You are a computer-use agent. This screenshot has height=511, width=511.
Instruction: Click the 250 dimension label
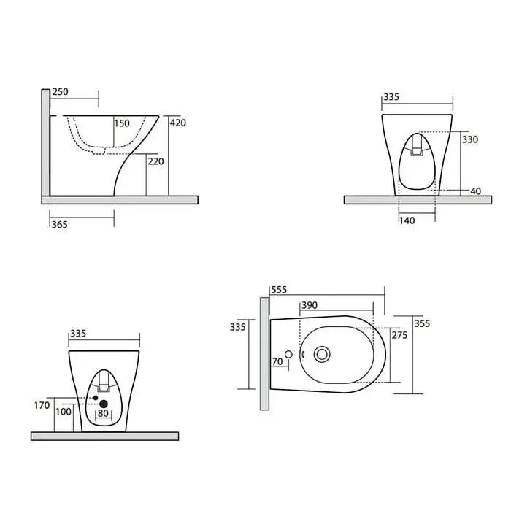[x=61, y=92]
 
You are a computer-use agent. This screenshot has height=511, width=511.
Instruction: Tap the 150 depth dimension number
[x=122, y=123]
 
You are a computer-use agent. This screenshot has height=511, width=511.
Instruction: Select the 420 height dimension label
[x=178, y=123]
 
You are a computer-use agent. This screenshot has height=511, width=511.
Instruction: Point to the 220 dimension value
[x=155, y=161]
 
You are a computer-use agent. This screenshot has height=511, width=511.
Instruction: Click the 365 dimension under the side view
[x=60, y=225]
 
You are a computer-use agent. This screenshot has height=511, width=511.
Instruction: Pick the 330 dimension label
[x=470, y=139]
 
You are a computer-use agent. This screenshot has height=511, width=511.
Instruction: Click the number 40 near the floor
[x=476, y=191]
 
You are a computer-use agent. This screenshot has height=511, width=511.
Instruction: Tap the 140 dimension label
[x=407, y=220]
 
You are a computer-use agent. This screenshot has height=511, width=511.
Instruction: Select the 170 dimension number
[x=42, y=405]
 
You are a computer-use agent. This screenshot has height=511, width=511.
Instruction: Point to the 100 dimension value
[x=64, y=412]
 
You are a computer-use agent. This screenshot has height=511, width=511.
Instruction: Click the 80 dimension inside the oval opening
[x=103, y=413]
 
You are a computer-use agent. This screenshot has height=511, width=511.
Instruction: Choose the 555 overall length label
[x=279, y=290]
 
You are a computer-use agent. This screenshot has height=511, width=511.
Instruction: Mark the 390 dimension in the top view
[x=310, y=305]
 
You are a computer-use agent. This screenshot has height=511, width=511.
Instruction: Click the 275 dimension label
[x=399, y=335]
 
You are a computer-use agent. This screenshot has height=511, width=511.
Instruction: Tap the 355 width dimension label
[x=422, y=323]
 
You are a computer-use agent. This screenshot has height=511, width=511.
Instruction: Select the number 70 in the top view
[x=277, y=361]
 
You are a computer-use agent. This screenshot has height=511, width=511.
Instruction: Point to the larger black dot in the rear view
[x=104, y=404]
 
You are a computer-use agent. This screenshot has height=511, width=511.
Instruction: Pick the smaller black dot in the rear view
[x=96, y=398]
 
